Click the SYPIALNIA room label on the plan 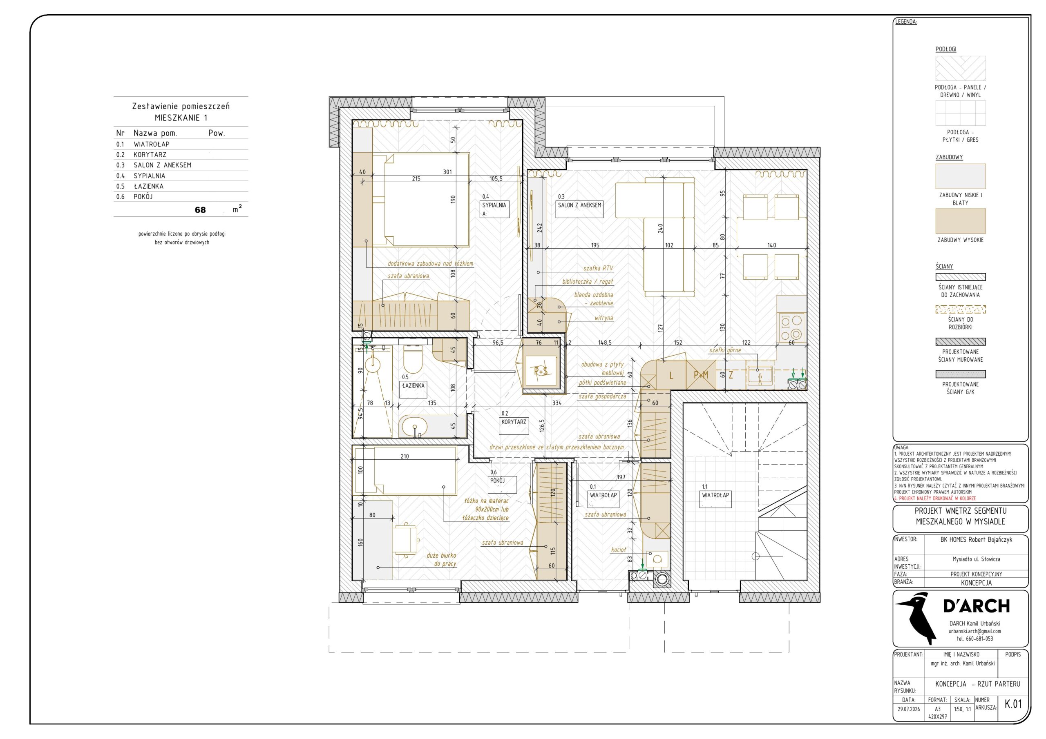[x=494, y=205]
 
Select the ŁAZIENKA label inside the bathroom [x=413, y=386]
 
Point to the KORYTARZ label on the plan [x=514, y=422]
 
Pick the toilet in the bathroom [x=413, y=358]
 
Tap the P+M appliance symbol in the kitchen [x=701, y=375]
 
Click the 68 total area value [x=201, y=210]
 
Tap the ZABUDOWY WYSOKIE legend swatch [x=960, y=221]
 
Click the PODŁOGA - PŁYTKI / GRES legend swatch [x=960, y=113]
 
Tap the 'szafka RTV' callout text [x=598, y=269]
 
